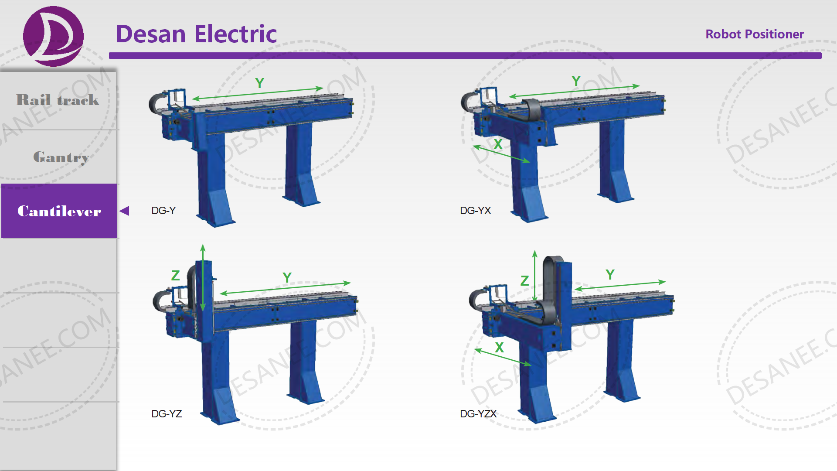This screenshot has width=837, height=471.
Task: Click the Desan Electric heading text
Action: click(196, 34)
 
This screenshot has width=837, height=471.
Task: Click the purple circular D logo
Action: click(53, 36)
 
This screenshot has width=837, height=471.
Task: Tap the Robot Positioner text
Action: click(754, 34)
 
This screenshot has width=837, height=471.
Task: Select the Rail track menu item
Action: click(58, 100)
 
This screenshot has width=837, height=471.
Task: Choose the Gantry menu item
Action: click(61, 157)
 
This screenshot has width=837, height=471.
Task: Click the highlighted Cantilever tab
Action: click(59, 211)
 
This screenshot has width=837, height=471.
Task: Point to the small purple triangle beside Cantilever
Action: click(125, 211)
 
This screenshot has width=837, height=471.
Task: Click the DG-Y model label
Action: click(163, 211)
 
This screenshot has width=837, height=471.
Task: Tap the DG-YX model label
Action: click(475, 211)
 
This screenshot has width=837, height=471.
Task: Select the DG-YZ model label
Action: click(167, 414)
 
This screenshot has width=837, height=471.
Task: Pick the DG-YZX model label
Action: click(478, 414)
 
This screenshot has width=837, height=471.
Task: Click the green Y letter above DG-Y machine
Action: click(260, 83)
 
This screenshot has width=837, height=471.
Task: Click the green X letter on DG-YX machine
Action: click(498, 144)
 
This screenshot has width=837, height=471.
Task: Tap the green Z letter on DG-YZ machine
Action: click(176, 276)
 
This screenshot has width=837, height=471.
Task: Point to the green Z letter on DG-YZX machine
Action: click(525, 281)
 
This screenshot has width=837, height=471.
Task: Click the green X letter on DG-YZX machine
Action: click(500, 348)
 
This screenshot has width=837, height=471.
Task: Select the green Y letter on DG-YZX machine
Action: click(610, 275)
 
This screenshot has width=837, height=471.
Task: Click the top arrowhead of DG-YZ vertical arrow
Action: click(203, 248)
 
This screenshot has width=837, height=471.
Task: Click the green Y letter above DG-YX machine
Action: click(576, 81)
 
